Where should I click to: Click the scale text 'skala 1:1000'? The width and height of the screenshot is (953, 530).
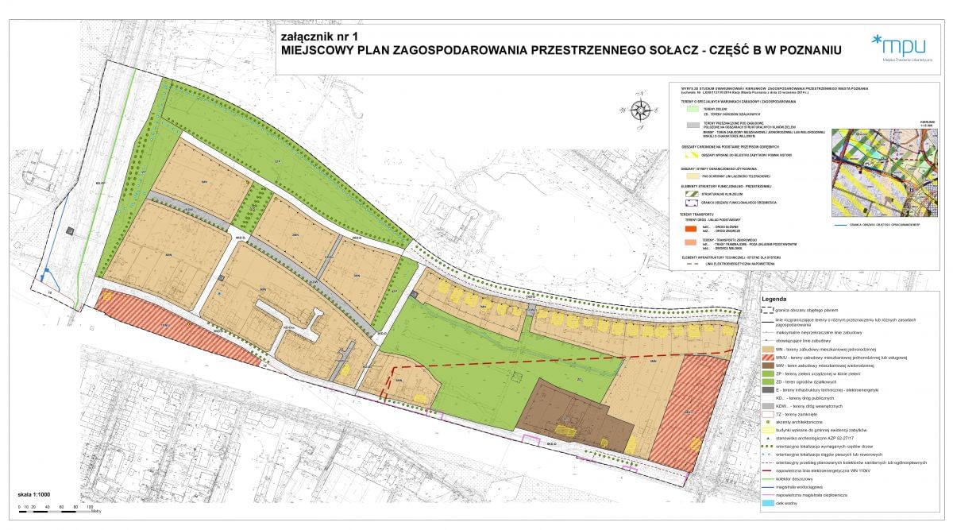tap(34, 495)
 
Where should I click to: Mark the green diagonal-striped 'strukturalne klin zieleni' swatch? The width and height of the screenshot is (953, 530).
tap(689, 193)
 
